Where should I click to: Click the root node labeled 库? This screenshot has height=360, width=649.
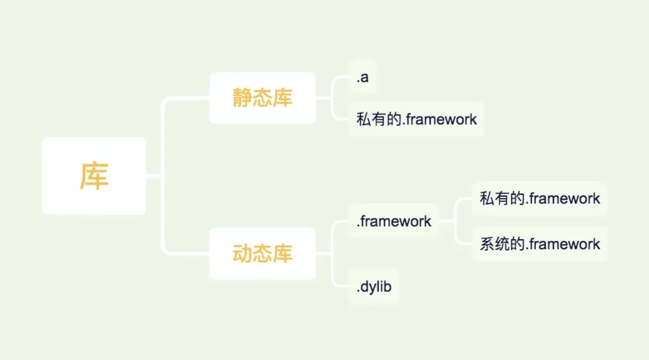pos(94,175)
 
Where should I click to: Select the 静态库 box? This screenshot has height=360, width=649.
pos(262,98)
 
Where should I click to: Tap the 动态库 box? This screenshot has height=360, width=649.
pos(262,254)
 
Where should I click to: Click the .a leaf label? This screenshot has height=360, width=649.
pos(362,77)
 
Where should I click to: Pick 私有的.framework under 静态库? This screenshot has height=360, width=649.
pos(416,119)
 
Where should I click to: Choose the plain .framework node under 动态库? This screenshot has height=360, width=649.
pos(394,221)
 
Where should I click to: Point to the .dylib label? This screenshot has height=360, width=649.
pos(374,287)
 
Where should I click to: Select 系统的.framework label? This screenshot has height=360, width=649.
pos(540,244)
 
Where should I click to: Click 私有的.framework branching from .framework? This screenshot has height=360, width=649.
pos(540,199)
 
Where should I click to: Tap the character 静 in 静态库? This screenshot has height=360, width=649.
pos(242,98)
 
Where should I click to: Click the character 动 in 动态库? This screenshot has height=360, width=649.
pos(242,253)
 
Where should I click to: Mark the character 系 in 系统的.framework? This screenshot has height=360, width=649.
pos(487,244)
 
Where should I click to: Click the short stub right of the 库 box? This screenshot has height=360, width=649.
pos(154,175)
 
